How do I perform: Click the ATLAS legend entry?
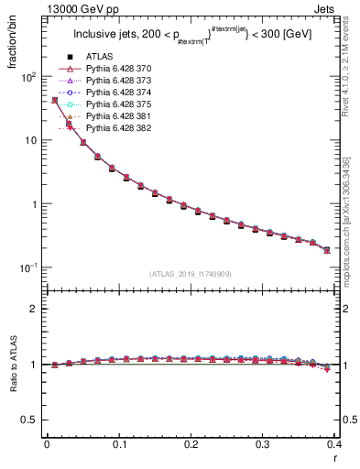[x=98, y=57]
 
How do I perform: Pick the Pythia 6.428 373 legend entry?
[x=119, y=81]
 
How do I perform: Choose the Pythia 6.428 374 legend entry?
[x=119, y=93]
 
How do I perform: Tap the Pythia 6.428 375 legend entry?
[x=119, y=104]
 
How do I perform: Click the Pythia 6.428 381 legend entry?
[x=119, y=116]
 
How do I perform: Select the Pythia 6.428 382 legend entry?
[x=119, y=128]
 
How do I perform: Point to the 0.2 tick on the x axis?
[x=191, y=443]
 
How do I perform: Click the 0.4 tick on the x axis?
[x=334, y=443]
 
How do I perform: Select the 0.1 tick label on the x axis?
[x=118, y=443]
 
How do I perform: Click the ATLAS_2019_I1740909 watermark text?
[x=191, y=274]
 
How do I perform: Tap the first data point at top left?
[x=54, y=100]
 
